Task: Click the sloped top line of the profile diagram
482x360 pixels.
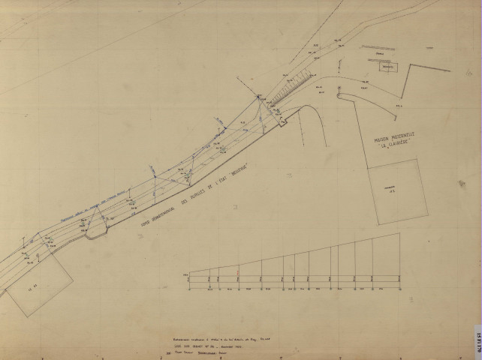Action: (300, 255)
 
